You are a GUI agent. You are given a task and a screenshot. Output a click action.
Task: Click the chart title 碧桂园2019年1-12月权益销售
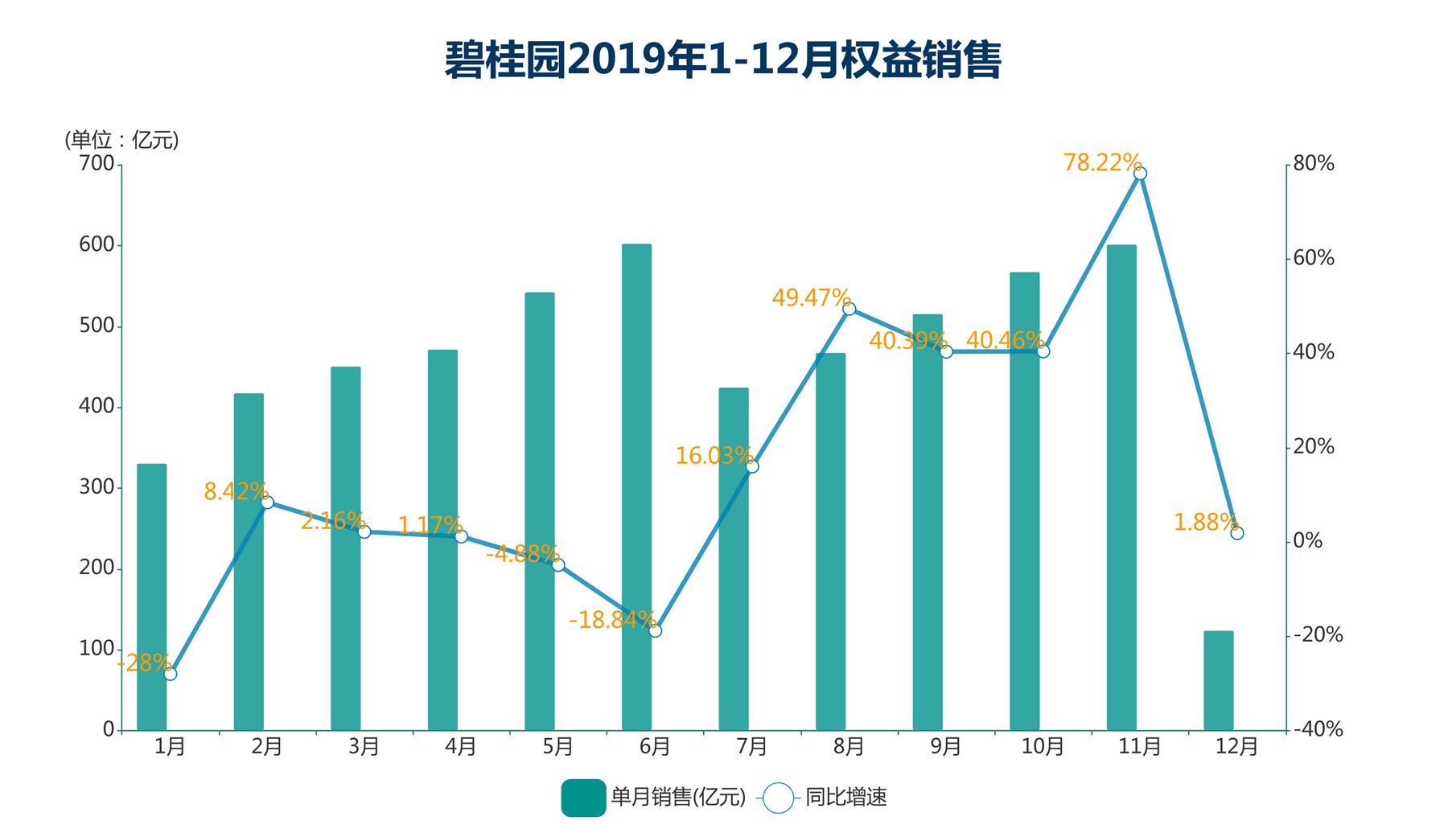[722, 60]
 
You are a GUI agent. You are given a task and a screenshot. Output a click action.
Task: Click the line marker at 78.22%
[1140, 174]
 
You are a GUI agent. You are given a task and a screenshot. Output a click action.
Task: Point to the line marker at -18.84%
[655, 630]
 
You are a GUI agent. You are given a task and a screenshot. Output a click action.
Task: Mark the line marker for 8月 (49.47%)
[849, 309]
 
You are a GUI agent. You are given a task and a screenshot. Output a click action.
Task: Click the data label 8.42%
[235, 491]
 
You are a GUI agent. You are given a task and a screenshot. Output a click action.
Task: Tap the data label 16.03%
[713, 456]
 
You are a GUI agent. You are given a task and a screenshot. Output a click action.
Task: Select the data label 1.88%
[1204, 523]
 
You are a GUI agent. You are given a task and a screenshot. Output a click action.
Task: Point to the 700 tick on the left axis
[97, 164]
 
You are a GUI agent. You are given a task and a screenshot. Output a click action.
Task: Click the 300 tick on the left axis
[97, 487]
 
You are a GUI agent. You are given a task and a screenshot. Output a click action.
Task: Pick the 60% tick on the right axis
[1313, 258]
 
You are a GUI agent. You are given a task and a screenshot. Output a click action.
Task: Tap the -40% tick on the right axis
[1318, 729]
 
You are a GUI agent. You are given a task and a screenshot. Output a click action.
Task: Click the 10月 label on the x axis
[1043, 747]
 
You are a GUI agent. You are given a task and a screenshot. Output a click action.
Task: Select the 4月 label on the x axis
[461, 747]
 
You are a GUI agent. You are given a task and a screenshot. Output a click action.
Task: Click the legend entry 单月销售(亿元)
[653, 798]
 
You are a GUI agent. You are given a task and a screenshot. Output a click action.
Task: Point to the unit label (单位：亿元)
[121, 140]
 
